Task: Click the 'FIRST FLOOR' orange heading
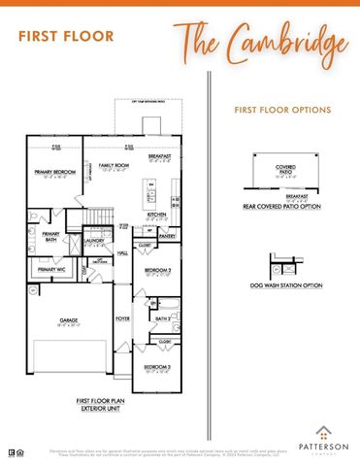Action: point(65,37)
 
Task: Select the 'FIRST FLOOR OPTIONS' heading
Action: point(282,111)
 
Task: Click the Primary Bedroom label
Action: point(55,174)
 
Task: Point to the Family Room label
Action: point(114,167)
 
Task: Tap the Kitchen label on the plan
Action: point(157,216)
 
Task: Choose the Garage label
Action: point(68,320)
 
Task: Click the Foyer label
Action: point(123,317)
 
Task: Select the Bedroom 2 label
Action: point(157,270)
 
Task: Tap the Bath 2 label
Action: point(162,317)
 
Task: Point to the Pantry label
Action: point(167,236)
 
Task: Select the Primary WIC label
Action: point(52,269)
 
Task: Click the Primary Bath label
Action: point(50,235)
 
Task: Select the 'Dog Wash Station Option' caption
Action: point(284,285)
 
